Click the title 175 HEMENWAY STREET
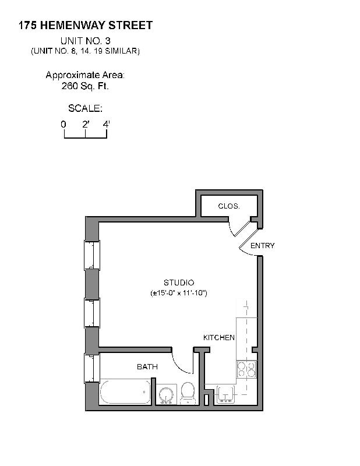86,25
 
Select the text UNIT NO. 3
85,41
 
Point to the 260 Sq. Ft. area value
85,86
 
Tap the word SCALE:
85,108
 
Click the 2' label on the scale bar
86,124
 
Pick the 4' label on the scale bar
106,124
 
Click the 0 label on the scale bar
63,124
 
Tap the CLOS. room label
229,206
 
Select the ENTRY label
262,246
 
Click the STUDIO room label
178,283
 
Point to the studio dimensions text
178,292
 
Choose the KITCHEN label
218,338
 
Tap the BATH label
147,367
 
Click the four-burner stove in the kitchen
246,369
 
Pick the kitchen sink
225,394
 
